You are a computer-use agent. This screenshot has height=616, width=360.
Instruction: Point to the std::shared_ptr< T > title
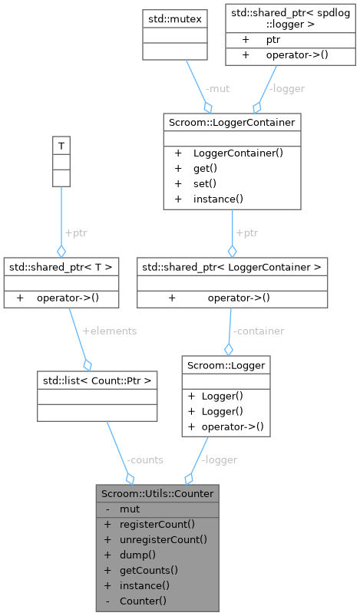pos(61,267)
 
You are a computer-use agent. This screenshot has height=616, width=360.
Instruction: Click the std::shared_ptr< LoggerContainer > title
pos(232,267)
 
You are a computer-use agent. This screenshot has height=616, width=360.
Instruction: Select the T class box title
pos(61,144)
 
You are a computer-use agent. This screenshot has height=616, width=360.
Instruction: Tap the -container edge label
pos(259,331)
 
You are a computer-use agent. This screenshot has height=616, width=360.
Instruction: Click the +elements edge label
pos(110,331)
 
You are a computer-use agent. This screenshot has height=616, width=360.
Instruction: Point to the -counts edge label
pos(144,460)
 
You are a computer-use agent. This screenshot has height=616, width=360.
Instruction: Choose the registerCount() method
pos(157,524)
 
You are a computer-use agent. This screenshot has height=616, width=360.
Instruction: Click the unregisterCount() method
pos(163,539)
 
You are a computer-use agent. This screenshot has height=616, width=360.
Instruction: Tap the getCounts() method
pos(149,570)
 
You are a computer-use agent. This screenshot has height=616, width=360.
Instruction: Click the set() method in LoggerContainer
pos(204,183)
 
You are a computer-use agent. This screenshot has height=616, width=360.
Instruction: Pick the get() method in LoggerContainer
pos(204,168)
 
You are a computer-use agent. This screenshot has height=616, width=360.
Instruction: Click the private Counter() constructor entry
pos(143,601)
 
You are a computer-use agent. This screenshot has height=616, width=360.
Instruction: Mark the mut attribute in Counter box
pos(130,509)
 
